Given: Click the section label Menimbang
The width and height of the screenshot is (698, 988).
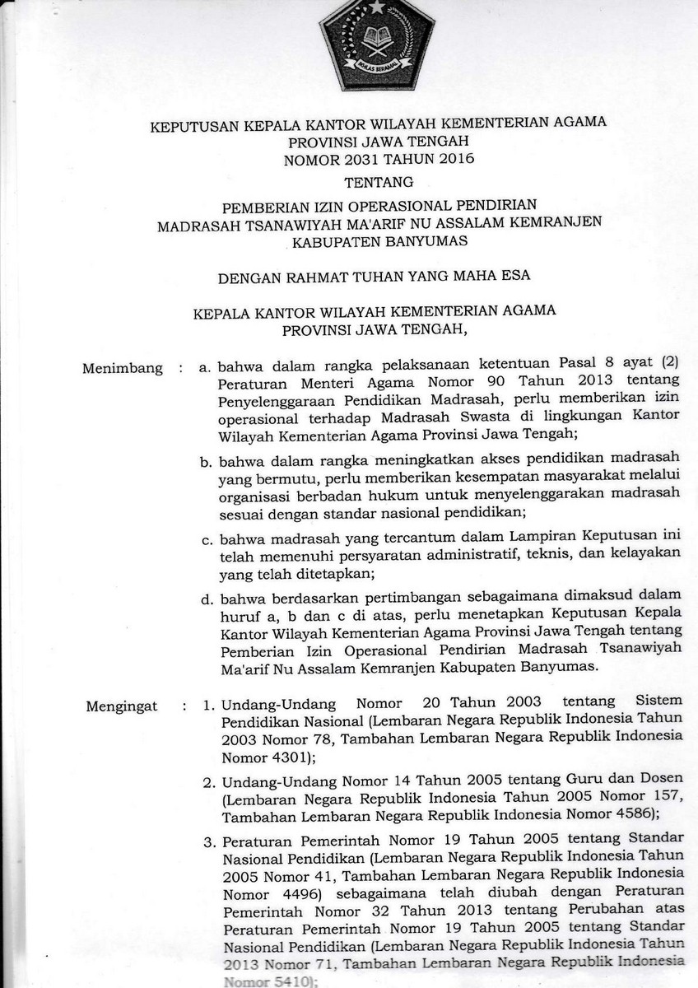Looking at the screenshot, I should (x=123, y=368).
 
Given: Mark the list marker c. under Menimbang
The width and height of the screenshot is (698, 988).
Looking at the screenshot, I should (x=208, y=541).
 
